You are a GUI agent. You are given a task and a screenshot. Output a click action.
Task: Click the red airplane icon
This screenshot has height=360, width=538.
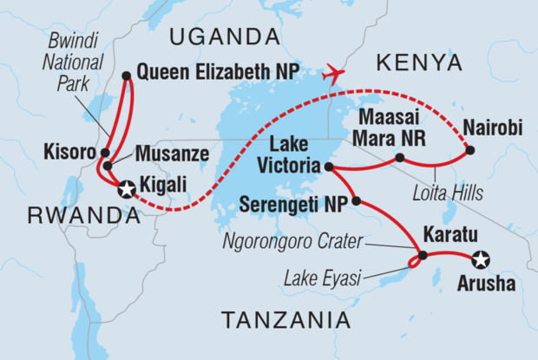pos(332,74)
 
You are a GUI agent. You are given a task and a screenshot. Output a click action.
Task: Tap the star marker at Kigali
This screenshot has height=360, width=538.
pos(127,187)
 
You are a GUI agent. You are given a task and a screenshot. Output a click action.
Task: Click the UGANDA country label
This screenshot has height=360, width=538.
pos(218,36)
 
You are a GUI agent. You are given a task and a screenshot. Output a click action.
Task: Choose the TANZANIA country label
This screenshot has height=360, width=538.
pos(286,320)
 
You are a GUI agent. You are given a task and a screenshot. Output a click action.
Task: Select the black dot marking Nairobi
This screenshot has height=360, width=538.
pos(469,150)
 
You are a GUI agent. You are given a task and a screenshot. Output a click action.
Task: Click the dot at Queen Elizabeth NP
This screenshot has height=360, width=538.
pos(127,76)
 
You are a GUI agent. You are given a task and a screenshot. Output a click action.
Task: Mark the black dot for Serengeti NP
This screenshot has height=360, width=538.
pos(356,201)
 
